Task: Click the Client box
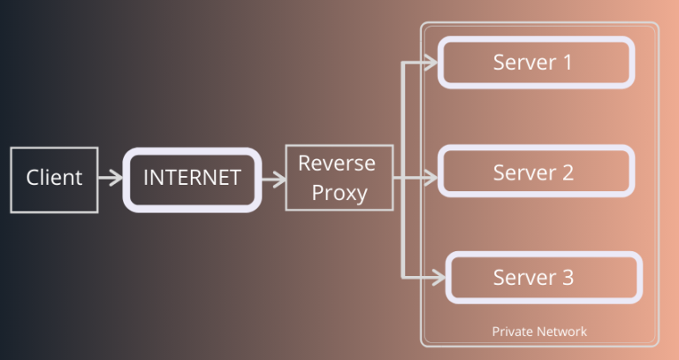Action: [x=54, y=180]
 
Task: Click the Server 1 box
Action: [x=536, y=63]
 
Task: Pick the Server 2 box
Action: [x=536, y=172]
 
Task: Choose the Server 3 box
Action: [x=543, y=278]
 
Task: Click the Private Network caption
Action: [x=539, y=332]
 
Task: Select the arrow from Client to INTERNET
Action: [x=111, y=179]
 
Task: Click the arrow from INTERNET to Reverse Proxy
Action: [x=274, y=179]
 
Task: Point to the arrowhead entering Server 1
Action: [x=431, y=62]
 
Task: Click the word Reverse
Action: [x=337, y=164]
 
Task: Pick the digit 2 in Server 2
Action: [x=567, y=172]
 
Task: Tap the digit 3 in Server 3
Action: [x=567, y=278]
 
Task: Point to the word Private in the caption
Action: [x=510, y=332]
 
